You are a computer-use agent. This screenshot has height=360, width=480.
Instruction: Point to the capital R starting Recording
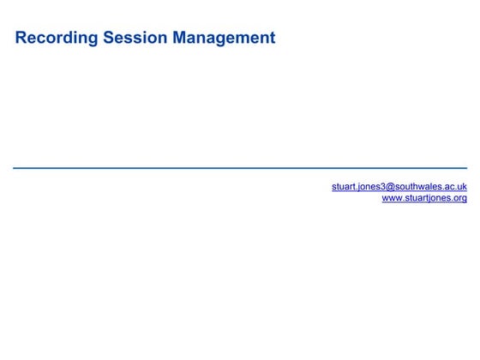pyautogui.click(x=21, y=39)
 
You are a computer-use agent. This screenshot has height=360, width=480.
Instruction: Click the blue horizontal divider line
pyautogui.click(x=240, y=168)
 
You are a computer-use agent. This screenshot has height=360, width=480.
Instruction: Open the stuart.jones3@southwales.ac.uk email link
pyautogui.click(x=399, y=186)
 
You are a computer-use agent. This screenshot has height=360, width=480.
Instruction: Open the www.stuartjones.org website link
pyautogui.click(x=424, y=198)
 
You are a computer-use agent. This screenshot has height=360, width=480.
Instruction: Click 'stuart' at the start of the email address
pyautogui.click(x=343, y=186)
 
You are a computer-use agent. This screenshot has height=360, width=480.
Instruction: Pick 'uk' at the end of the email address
pyautogui.click(x=461, y=186)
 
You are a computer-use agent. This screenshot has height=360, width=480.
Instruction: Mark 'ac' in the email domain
pyautogui.click(x=448, y=186)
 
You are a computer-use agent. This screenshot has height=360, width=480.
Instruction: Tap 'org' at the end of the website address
pyautogui.click(x=459, y=198)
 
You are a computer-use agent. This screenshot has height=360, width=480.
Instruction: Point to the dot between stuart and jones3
pyautogui.click(x=356, y=189)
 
